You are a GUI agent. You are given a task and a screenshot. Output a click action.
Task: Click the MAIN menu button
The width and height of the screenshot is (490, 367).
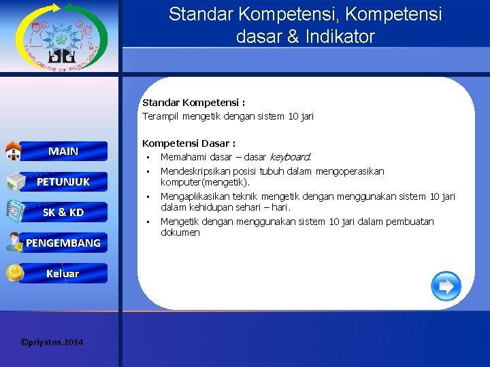coord(63,151)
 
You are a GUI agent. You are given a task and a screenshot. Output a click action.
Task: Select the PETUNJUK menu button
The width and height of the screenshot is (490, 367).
coord(63,181)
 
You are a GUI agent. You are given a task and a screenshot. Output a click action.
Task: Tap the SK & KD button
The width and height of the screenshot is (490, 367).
coord(63,212)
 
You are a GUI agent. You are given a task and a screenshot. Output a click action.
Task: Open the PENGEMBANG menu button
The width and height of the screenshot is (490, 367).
coord(63,243)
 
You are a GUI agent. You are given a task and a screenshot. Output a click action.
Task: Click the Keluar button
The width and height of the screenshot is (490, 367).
coord(63,273)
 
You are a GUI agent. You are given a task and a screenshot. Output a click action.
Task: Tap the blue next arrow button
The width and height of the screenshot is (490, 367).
coord(446,286)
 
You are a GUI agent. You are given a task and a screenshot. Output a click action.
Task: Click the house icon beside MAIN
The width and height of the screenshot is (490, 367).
coord(14,150)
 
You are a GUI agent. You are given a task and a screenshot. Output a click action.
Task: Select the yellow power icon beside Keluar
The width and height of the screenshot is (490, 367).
coord(14,273)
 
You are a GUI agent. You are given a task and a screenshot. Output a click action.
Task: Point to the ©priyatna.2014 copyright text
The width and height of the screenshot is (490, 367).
coord(52,342)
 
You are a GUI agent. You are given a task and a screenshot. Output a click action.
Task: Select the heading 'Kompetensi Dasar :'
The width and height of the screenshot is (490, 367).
coord(189,143)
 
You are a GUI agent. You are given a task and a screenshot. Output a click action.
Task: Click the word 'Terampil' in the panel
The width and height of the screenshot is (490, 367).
coord(159,116)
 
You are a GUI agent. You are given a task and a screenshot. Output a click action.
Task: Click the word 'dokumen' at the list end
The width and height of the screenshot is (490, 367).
coord(180,232)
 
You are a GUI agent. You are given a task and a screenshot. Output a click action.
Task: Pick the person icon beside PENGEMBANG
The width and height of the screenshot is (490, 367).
coord(14,242)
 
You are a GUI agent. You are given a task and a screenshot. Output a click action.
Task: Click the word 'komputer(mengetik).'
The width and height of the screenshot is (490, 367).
coord(205,182)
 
